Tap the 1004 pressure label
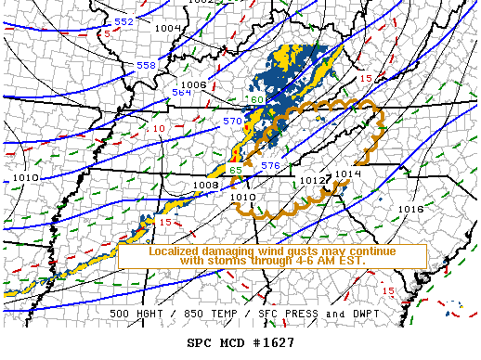pyautogui.click(x=168, y=28)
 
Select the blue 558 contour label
pyautogui.click(x=146, y=66)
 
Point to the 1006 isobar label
pyautogui.click(x=193, y=84)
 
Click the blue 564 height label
pyautogui.click(x=181, y=93)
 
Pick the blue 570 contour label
pyautogui.click(x=231, y=121)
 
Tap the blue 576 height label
pyautogui.click(x=270, y=165)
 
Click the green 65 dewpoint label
pyautogui.click(x=236, y=170)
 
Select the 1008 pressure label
pyautogui.click(x=205, y=185)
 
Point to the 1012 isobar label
pyautogui.click(x=312, y=180)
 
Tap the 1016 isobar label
pyautogui.click(x=410, y=209)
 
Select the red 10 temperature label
pyautogui.click(x=159, y=129)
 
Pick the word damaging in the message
pyautogui.click(x=234, y=251)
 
